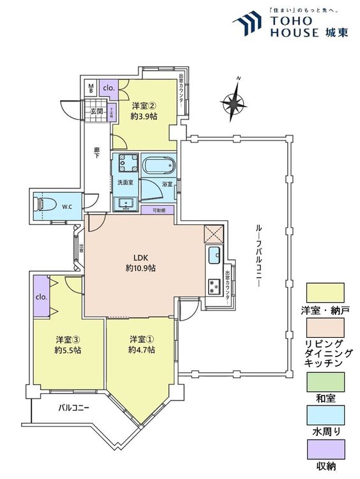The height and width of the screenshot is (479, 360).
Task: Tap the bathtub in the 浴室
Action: tap(157, 167)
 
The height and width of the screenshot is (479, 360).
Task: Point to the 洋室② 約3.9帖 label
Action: tap(144, 112)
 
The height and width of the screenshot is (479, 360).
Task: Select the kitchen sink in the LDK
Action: tap(213, 255)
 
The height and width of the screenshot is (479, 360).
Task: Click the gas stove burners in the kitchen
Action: tap(213, 287)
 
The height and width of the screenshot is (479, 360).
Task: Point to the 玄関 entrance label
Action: tap(96, 112)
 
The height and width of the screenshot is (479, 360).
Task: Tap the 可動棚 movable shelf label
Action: tap(158, 209)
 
